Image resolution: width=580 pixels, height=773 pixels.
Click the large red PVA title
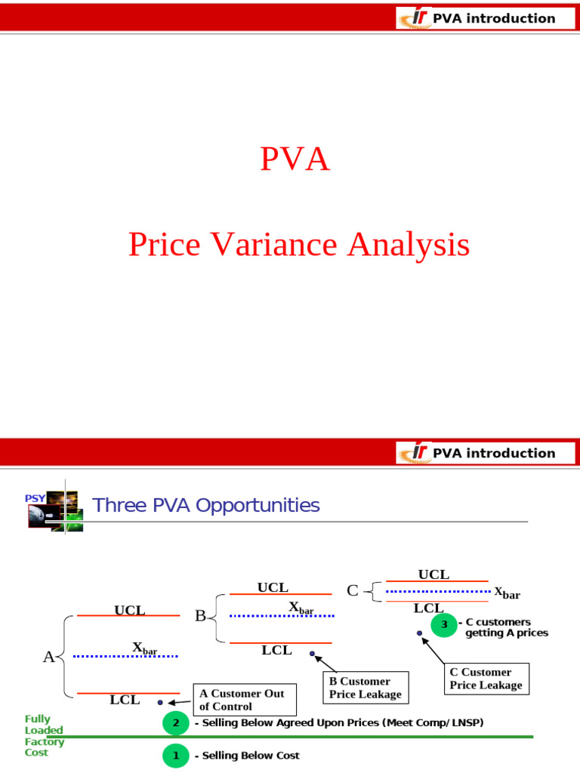[295, 159]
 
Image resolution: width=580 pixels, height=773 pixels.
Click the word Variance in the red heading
[274, 245]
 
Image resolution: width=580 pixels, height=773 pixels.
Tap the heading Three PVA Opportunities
[205, 505]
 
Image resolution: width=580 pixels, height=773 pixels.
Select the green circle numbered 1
[176, 755]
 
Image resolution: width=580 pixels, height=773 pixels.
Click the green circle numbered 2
[176, 723]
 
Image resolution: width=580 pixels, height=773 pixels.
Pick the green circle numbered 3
[444, 624]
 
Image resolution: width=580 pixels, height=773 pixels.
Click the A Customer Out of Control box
[245, 700]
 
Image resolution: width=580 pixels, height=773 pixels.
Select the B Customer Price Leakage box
[366, 687]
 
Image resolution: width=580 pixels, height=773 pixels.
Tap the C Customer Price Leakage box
[486, 679]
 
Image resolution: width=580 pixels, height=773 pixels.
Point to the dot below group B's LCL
[312, 654]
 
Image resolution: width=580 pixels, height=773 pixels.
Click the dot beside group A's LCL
[160, 703]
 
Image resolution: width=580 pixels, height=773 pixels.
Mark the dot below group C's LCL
[420, 633]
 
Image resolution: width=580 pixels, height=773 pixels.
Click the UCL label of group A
[130, 610]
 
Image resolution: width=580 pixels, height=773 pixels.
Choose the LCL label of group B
[276, 650]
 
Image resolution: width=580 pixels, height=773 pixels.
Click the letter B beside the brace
[200, 616]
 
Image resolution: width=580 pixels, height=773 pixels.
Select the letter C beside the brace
[353, 590]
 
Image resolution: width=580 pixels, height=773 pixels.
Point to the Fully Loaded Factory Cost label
[45, 735]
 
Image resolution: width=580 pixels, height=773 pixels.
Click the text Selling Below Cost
[251, 755]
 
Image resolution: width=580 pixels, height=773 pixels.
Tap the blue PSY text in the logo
[35, 498]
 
